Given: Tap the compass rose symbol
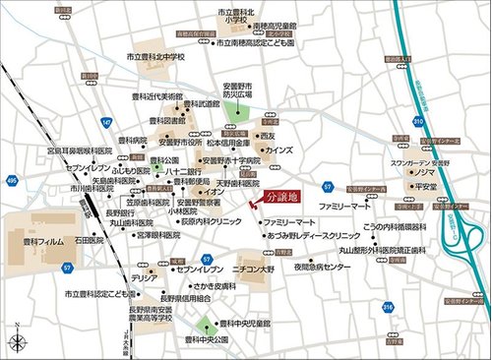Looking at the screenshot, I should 18,340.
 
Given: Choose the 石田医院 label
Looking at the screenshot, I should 89,239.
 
